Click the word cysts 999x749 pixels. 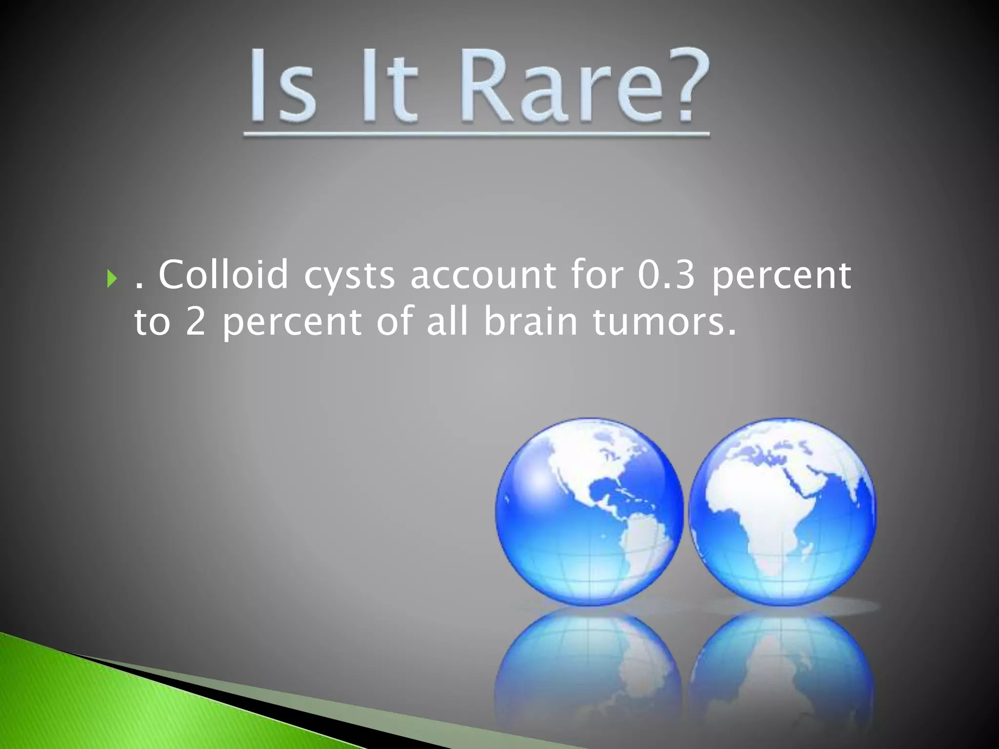click(x=349, y=276)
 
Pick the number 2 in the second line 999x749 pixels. click(x=195, y=322)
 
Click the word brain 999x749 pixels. click(x=531, y=322)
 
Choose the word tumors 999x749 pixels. click(x=663, y=322)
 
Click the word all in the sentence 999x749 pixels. click(x=447, y=322)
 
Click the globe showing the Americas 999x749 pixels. click(x=589, y=511)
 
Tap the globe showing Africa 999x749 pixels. click(x=782, y=511)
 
